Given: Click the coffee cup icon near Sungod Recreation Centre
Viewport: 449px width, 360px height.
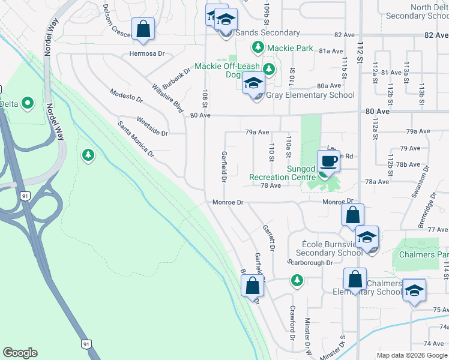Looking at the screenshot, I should tap(328, 161).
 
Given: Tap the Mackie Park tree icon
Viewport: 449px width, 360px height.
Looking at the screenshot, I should tap(258, 46).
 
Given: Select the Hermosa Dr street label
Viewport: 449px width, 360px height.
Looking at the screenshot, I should tap(146, 53).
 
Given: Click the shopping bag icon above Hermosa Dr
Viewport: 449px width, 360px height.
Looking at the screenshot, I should tap(143, 29).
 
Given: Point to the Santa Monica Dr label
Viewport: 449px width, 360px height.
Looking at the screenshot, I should tap(136, 139).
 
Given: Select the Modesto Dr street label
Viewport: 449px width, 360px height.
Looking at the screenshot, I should tap(126, 95).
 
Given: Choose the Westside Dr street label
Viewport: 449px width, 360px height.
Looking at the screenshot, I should tap(152, 125).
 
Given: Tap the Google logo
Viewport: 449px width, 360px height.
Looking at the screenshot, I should tap(20, 352).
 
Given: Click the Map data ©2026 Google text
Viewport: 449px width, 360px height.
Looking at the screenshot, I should tap(412, 355).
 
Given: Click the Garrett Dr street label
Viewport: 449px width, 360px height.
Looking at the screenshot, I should tap(268, 238).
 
